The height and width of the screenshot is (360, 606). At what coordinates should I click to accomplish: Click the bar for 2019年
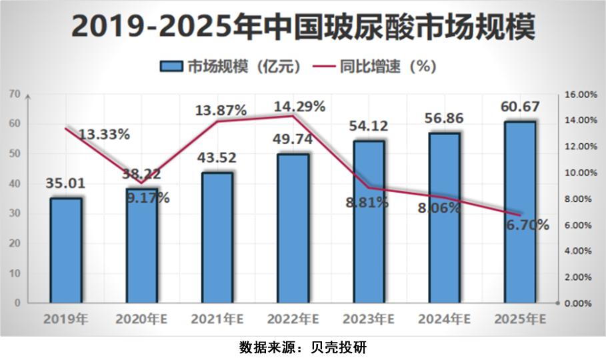65,250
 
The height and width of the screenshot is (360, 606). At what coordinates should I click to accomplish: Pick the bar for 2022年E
293,228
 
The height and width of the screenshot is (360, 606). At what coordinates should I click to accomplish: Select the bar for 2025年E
520,212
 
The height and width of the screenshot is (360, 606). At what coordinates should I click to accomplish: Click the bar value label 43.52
217,159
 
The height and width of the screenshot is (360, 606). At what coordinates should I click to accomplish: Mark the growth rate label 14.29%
299,106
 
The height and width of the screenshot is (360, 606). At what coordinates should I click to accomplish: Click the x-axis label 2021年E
217,319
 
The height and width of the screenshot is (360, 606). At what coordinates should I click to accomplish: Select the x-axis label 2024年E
444,319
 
